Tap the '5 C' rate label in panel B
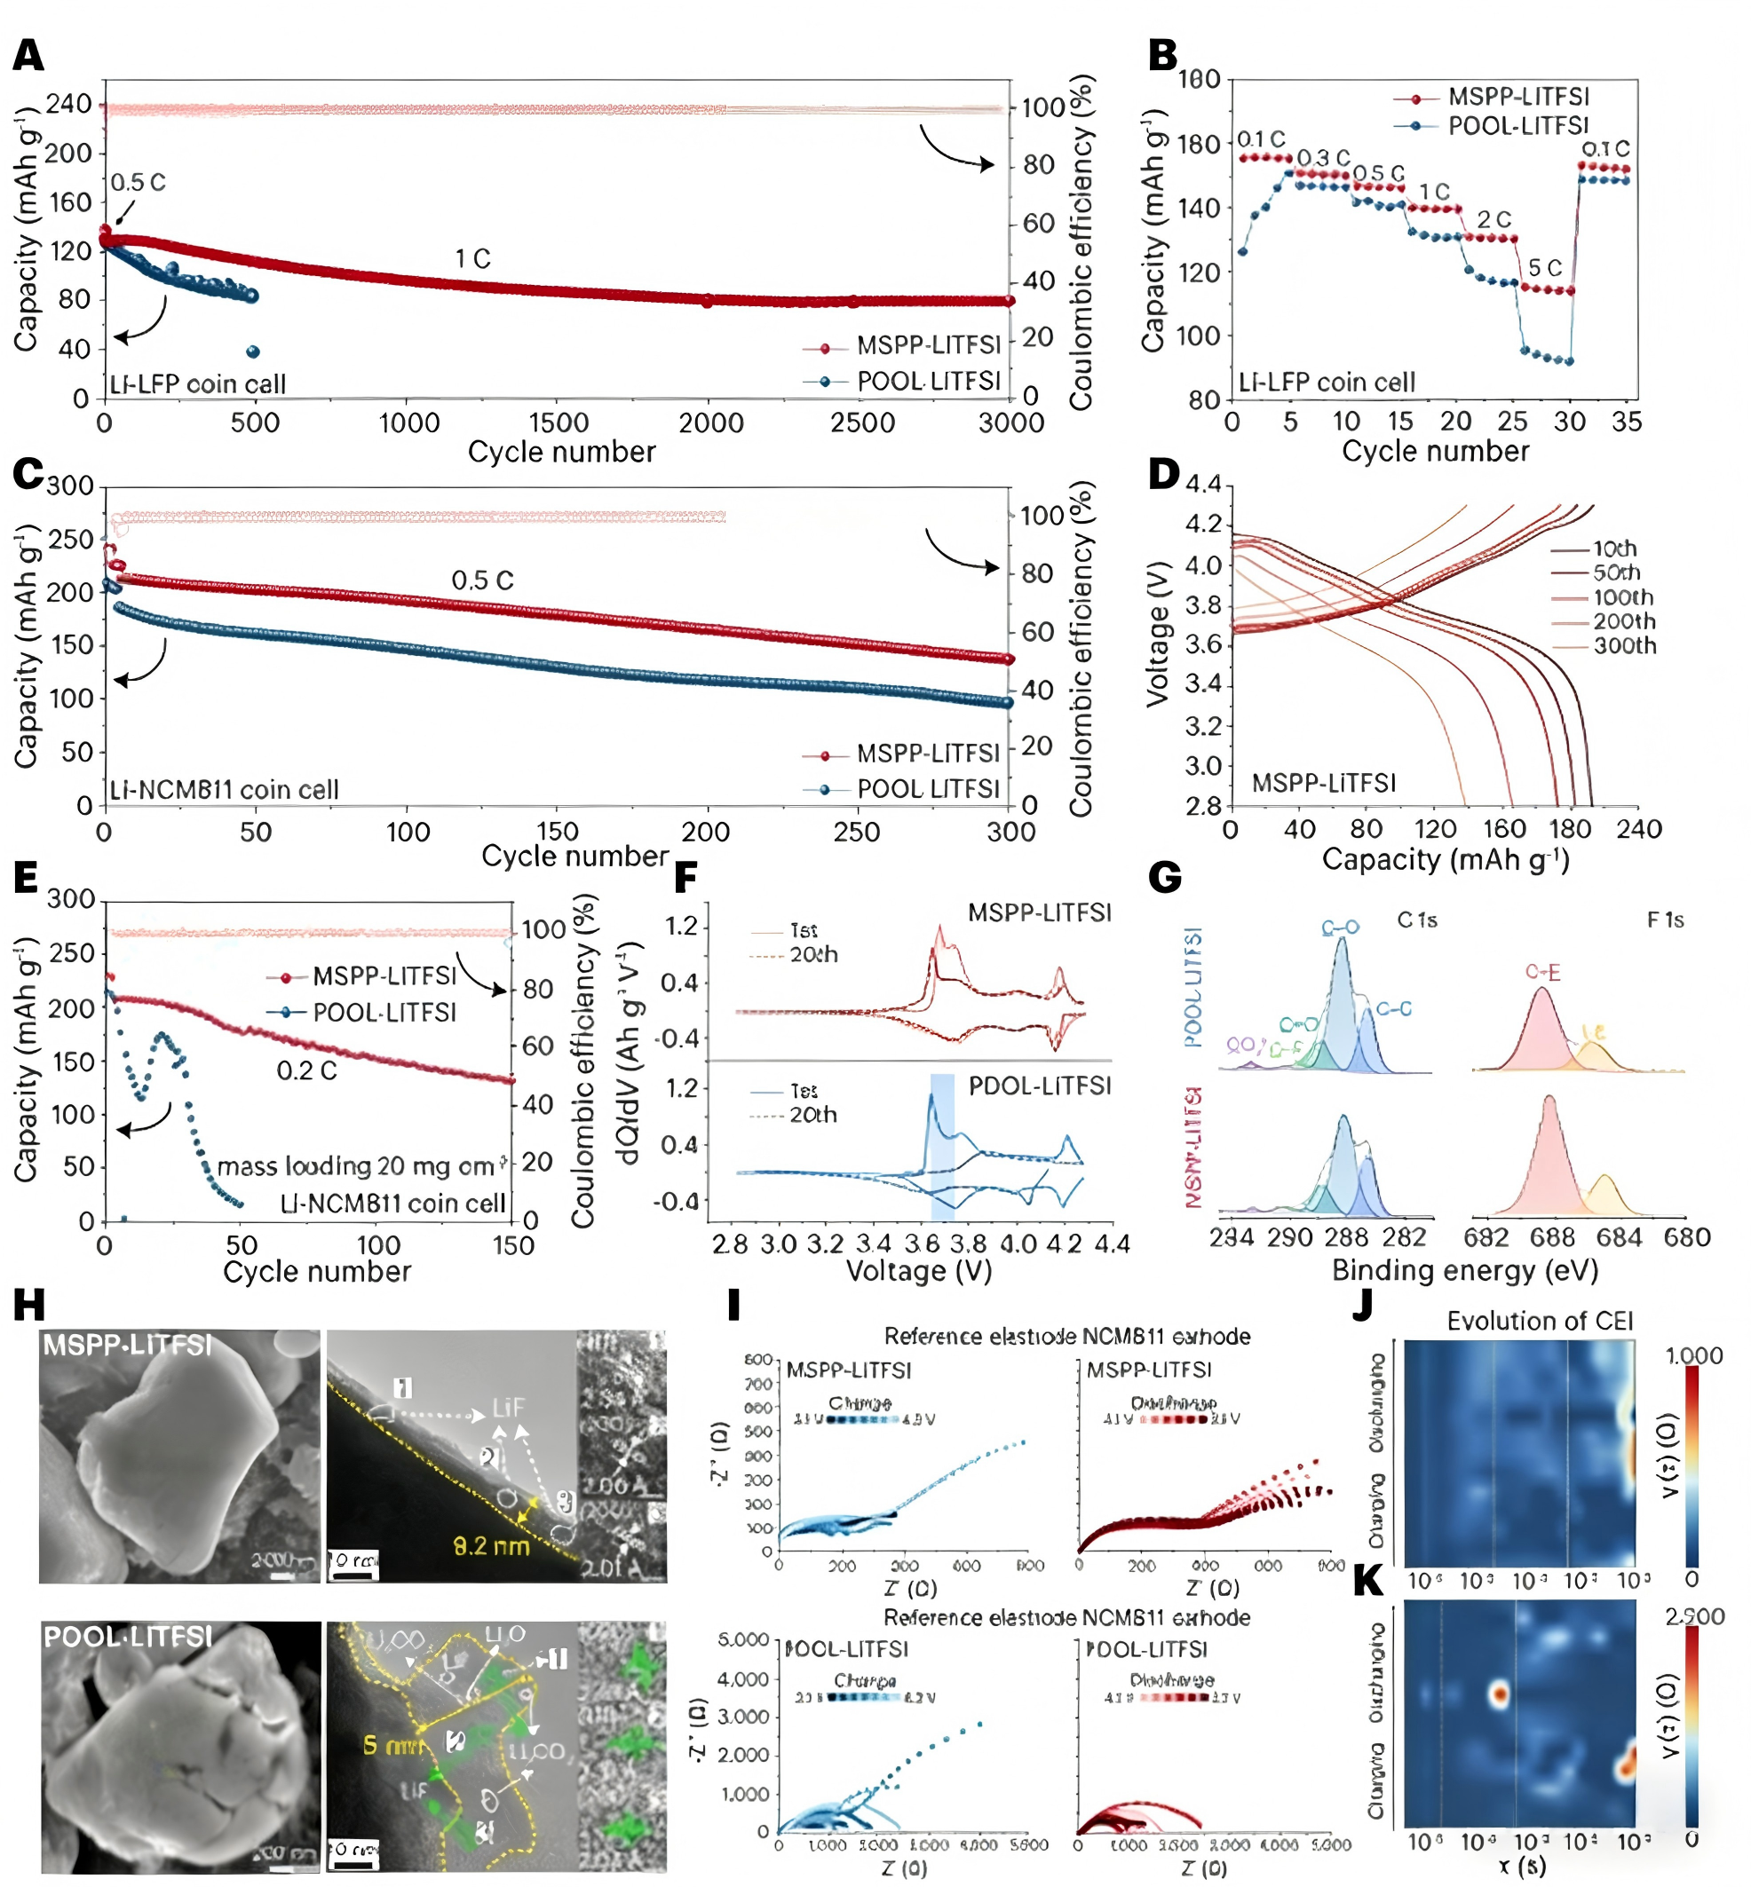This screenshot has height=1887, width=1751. tap(1544, 268)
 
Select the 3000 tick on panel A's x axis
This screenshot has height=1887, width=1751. tap(1011, 422)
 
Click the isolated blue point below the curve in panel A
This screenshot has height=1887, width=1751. tap(253, 352)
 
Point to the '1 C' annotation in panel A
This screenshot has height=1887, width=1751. tap(472, 258)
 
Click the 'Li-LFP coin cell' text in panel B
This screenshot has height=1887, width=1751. tap(1327, 383)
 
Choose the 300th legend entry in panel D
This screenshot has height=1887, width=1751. tap(1624, 646)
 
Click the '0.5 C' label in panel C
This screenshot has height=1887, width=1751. tap(482, 580)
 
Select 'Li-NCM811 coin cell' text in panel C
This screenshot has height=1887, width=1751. tap(224, 790)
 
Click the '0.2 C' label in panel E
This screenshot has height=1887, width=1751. tap(306, 1070)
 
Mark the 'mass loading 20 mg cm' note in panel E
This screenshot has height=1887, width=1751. tap(356, 1166)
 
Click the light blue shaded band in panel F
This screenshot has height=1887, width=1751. tap(942, 1146)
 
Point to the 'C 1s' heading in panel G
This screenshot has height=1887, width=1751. tap(1416, 920)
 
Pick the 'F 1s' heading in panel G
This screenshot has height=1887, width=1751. tap(1665, 920)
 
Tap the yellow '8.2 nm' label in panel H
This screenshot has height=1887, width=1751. tap(491, 1547)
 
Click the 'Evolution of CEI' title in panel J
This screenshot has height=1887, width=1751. tap(1540, 1322)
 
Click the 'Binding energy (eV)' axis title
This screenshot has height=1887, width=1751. tap(1465, 1270)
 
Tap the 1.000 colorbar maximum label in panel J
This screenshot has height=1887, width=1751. tap(1694, 1356)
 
